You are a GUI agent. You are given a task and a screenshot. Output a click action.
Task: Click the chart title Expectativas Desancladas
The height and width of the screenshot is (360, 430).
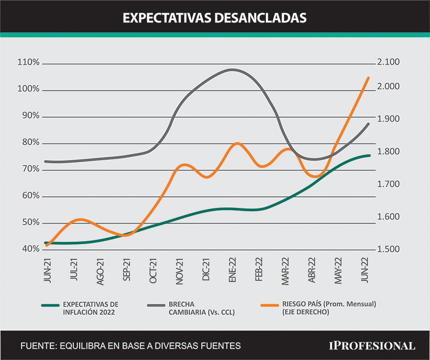pyautogui.click(x=215, y=18)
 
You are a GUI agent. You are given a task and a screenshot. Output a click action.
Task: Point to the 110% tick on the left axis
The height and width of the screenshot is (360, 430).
pyautogui.click(x=28, y=63)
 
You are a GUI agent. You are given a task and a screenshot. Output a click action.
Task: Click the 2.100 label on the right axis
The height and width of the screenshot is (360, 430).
pyautogui.click(x=388, y=62)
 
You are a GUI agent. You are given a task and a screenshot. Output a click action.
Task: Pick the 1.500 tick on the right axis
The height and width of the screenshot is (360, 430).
pyautogui.click(x=388, y=249)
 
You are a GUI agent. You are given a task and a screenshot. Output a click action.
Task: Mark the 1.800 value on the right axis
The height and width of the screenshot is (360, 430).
pyautogui.click(x=388, y=152)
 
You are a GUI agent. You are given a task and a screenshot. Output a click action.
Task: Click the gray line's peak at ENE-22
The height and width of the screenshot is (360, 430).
pyautogui.click(x=232, y=69)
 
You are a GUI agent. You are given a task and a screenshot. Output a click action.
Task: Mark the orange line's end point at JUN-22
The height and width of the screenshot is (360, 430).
pyautogui.click(x=368, y=78)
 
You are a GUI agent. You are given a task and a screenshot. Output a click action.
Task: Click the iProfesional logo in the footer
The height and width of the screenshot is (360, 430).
pyautogui.click(x=371, y=345)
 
